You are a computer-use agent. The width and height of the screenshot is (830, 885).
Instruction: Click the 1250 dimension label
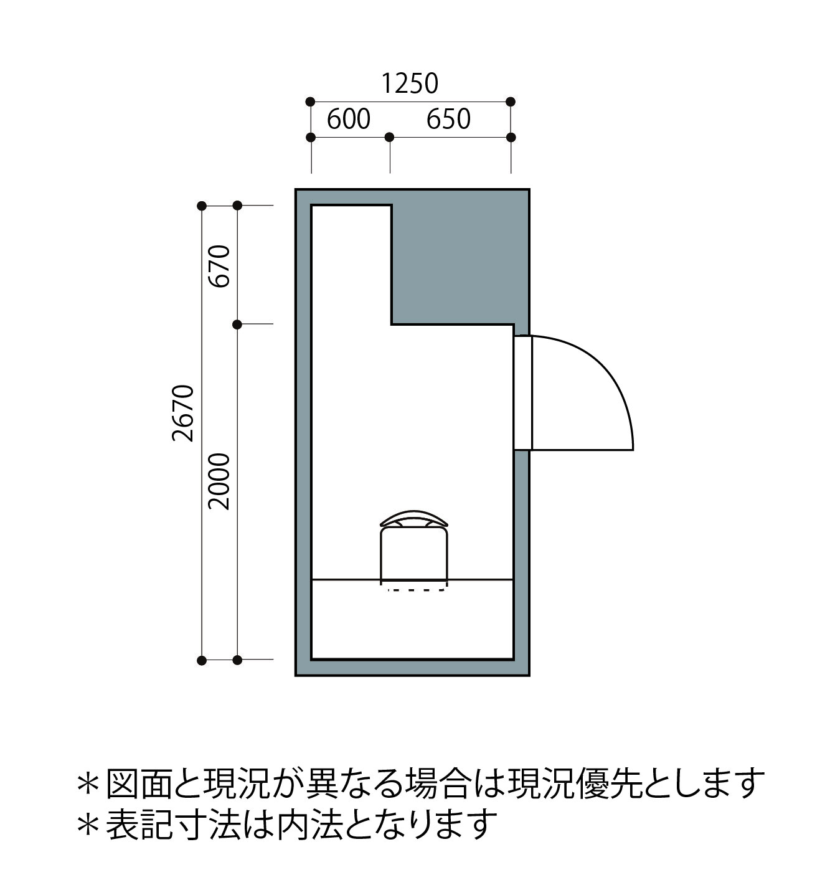410,83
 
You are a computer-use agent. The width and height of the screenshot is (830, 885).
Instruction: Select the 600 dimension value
349,119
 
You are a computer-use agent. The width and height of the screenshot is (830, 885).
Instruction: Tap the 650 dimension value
448,119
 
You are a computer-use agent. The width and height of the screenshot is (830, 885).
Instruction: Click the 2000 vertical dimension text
219,481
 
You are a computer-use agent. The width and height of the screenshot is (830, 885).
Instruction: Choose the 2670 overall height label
183,413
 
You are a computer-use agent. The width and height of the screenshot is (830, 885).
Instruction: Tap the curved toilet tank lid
414,518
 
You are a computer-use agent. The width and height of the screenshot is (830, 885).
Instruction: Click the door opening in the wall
523,392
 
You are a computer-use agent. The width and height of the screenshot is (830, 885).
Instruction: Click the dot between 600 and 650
390,136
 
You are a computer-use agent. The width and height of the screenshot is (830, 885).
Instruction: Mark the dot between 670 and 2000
237,324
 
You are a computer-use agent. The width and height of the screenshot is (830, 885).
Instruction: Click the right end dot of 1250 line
511,102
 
